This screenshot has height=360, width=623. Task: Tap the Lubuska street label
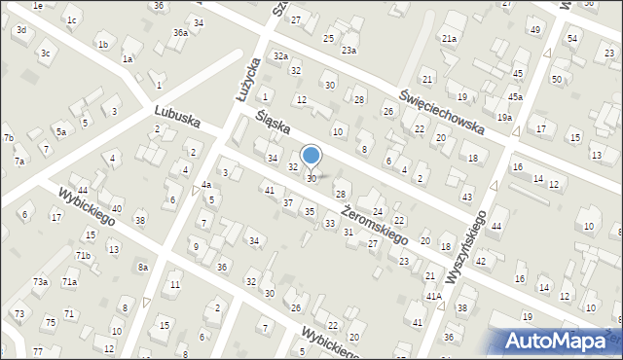coord(177,120)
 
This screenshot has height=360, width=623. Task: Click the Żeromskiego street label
coord(372,219)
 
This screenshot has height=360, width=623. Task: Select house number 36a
coord(180,32)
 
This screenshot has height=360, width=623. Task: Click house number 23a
coord(348,50)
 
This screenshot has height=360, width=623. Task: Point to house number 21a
coord(449,39)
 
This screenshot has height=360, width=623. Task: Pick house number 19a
coord(504,117)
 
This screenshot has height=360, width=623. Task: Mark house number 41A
coord(433,296)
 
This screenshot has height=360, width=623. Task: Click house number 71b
coord(84,255)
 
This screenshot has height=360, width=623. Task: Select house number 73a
coord(40,281)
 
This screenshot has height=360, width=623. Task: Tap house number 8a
coord(142,267)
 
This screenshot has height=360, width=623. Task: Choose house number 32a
coord(280,56)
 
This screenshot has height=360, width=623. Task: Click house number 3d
coord(20,30)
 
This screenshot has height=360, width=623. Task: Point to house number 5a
coord(60,131)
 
